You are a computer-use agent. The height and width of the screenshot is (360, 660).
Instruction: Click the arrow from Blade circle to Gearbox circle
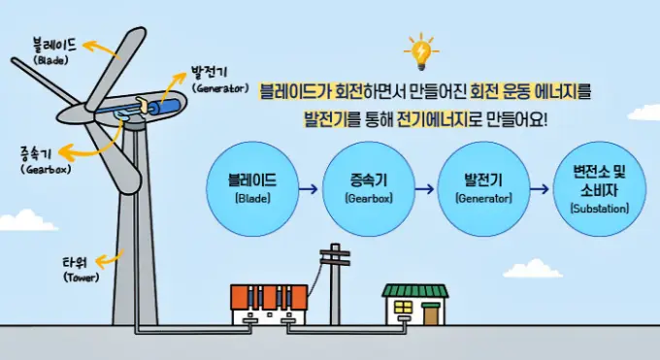pyautogui.click(x=310, y=189)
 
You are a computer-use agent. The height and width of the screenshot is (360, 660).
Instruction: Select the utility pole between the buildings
pyautogui.click(x=336, y=286)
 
